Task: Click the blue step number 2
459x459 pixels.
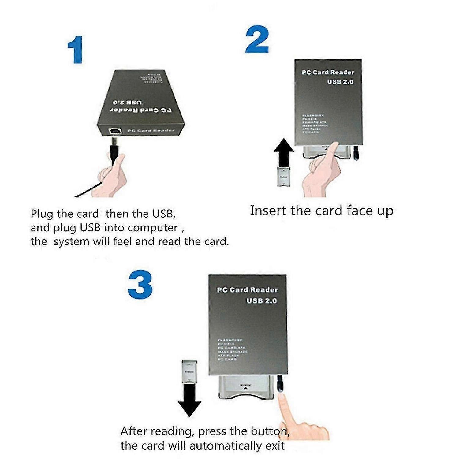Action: click(257, 39)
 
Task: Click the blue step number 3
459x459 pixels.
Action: click(140, 285)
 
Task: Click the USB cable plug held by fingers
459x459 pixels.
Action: click(114, 150)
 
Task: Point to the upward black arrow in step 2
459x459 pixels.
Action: click(284, 152)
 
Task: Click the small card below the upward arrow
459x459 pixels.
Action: click(284, 177)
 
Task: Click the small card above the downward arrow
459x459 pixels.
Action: click(189, 371)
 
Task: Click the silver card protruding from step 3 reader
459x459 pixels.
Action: click(246, 387)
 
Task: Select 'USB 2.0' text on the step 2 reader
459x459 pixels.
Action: click(340, 82)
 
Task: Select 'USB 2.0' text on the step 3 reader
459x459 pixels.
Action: click(262, 301)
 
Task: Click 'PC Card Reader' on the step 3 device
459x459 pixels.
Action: click(247, 290)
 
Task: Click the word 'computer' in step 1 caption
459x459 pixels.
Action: click(153, 228)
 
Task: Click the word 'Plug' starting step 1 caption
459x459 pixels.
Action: click(42, 214)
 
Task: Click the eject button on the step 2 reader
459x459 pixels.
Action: click(356, 153)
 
